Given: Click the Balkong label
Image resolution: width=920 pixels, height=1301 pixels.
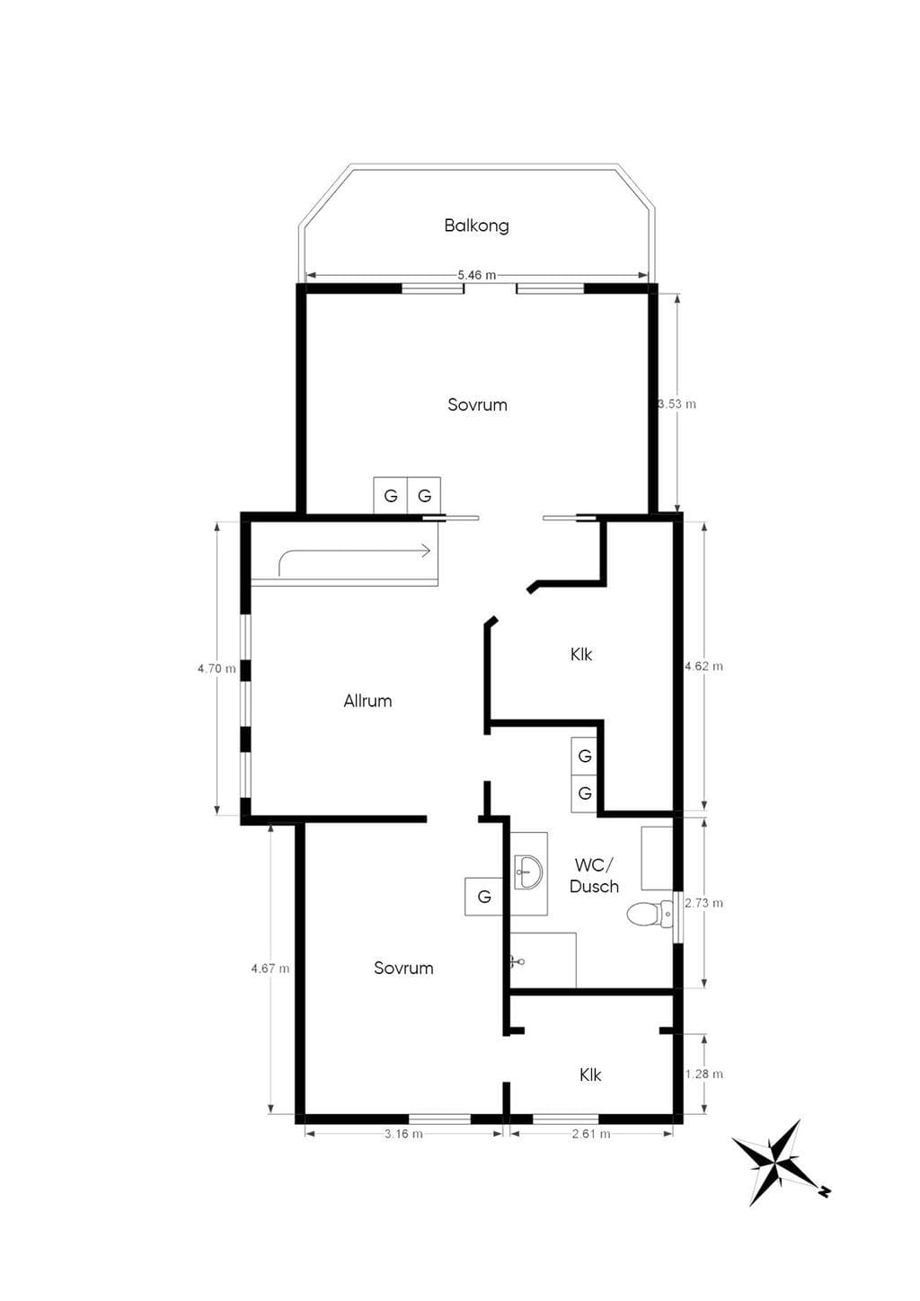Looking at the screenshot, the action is pos(476,226).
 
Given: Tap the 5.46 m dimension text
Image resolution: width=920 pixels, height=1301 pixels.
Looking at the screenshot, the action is pos(477,275).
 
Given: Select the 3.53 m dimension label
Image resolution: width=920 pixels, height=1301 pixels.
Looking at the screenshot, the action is pos(677,403).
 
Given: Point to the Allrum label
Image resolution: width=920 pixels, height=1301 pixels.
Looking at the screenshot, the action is pos(367,701).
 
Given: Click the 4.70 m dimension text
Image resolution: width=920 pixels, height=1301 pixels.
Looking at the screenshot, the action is pos(217,668).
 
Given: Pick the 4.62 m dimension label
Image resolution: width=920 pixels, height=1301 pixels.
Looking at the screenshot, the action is pos(704,666).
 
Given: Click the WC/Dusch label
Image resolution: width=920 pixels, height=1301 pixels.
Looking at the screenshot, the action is pos(594,876).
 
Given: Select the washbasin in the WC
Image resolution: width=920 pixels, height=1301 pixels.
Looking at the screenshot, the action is pos(528,872).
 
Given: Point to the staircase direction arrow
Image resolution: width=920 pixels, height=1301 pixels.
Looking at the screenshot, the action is pos(354,556).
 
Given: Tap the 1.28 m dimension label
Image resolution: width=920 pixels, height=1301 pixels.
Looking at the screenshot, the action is pos(704,1074).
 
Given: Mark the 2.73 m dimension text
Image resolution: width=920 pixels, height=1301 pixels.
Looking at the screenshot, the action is pos(704,903).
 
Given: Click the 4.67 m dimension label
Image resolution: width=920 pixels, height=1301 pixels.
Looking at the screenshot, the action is pos(270,969).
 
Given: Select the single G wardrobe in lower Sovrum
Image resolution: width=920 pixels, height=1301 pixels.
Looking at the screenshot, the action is pos(484,897).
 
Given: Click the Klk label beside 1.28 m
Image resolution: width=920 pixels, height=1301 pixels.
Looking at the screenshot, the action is pos(590,1075).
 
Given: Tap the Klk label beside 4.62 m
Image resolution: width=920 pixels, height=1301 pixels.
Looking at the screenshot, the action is pos(580,655).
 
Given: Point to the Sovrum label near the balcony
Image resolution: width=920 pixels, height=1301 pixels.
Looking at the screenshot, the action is pos(477,405).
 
